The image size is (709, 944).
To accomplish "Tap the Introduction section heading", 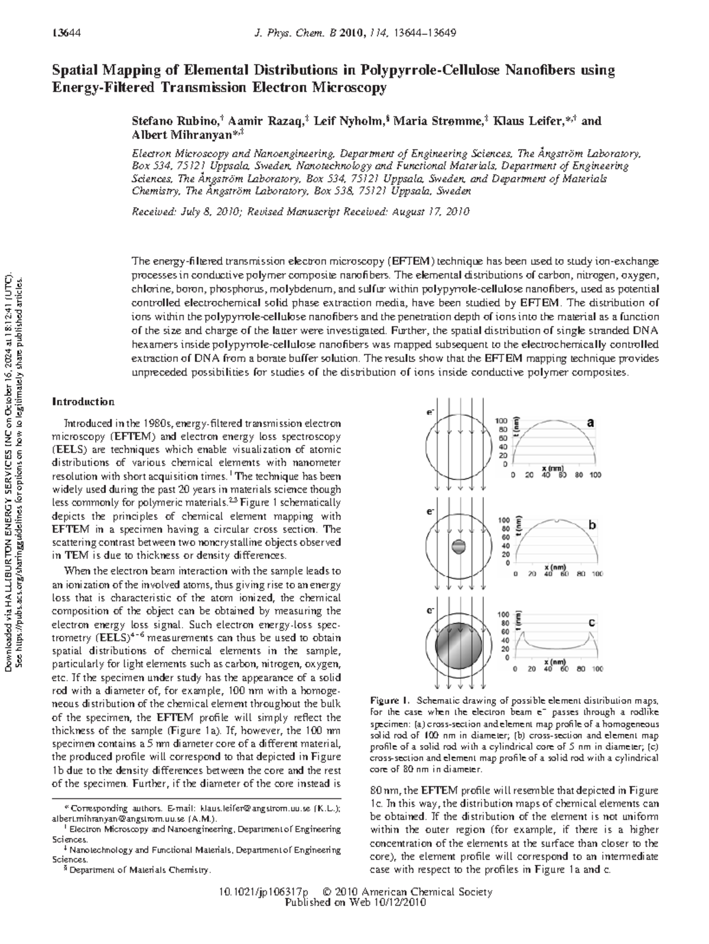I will tap(83, 402).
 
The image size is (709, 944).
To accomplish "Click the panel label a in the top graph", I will tap(590, 422).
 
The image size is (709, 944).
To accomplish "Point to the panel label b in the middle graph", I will tap(592, 525).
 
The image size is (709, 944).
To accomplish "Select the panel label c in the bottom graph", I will tap(592, 623).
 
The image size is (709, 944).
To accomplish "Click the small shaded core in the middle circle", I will tap(458, 547).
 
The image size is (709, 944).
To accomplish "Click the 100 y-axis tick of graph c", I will tap(504, 615).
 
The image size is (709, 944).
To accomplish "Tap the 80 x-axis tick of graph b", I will tap(582, 574).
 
